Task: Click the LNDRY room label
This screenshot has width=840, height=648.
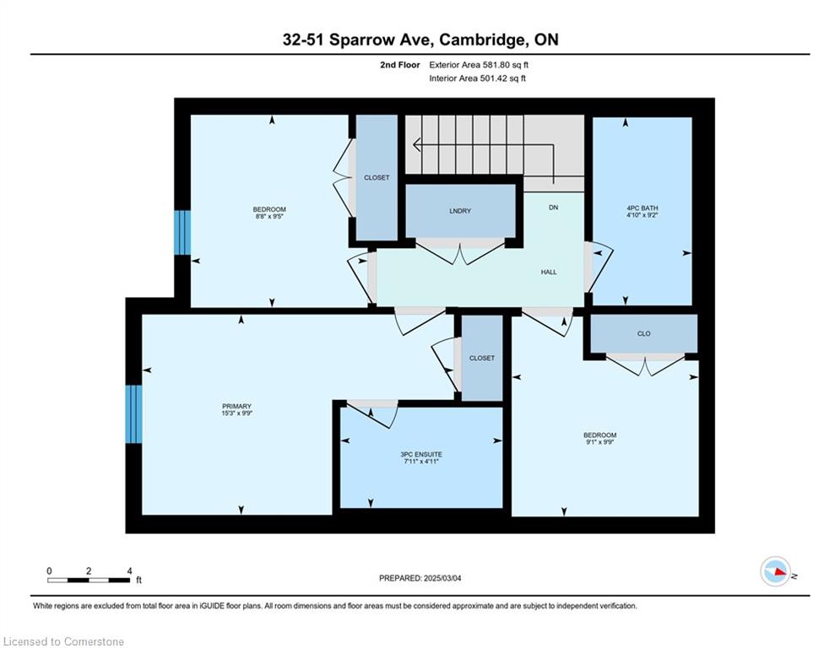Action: pos(460,211)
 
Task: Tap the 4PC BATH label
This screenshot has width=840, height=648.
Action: pos(642,208)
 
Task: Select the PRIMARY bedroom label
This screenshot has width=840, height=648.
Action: pos(236,407)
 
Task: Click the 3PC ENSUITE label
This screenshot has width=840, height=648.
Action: pos(421,455)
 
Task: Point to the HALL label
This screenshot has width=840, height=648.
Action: pos(549,272)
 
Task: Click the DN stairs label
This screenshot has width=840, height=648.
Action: pos(554,208)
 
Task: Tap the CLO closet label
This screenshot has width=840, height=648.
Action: pos(644,333)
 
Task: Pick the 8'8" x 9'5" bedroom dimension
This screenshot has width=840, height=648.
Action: pos(269,216)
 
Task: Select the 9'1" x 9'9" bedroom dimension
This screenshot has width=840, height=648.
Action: pos(600,442)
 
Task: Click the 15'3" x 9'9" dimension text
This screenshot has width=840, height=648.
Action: pos(236,413)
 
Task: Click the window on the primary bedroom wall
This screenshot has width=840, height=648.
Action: pos(133,414)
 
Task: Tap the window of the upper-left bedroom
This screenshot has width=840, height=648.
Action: pos(182,232)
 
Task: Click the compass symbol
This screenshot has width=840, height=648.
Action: pos(775,571)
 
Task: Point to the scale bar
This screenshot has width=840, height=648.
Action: pos(89,580)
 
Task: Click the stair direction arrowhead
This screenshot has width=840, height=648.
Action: pos(417,144)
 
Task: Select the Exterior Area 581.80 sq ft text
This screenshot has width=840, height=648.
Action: pos(479,65)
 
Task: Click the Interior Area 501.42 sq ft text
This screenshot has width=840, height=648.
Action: pos(477,78)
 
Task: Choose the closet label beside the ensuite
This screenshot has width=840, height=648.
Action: pos(481,359)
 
